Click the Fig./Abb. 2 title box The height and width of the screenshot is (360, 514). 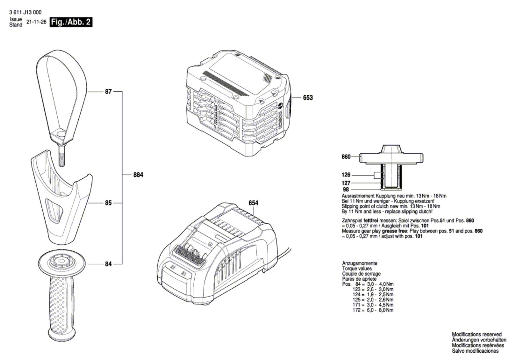click(71, 22)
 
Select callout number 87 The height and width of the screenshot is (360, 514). click(108, 92)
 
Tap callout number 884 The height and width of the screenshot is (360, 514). click(138, 175)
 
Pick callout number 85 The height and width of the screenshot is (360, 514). click(108, 203)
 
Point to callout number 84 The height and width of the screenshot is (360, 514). click(108, 264)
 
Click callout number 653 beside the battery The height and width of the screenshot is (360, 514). click(307, 97)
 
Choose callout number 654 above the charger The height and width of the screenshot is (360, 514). click(253, 203)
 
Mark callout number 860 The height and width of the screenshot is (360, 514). click(346, 157)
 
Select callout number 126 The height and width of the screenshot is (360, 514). click(346, 175)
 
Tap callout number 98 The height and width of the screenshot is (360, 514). click(346, 190)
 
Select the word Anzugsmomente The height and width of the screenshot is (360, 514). click(359, 263)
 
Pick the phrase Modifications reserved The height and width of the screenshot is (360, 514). click(476, 334)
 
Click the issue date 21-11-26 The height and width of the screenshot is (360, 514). click(36, 22)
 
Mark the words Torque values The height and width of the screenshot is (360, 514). click(357, 268)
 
